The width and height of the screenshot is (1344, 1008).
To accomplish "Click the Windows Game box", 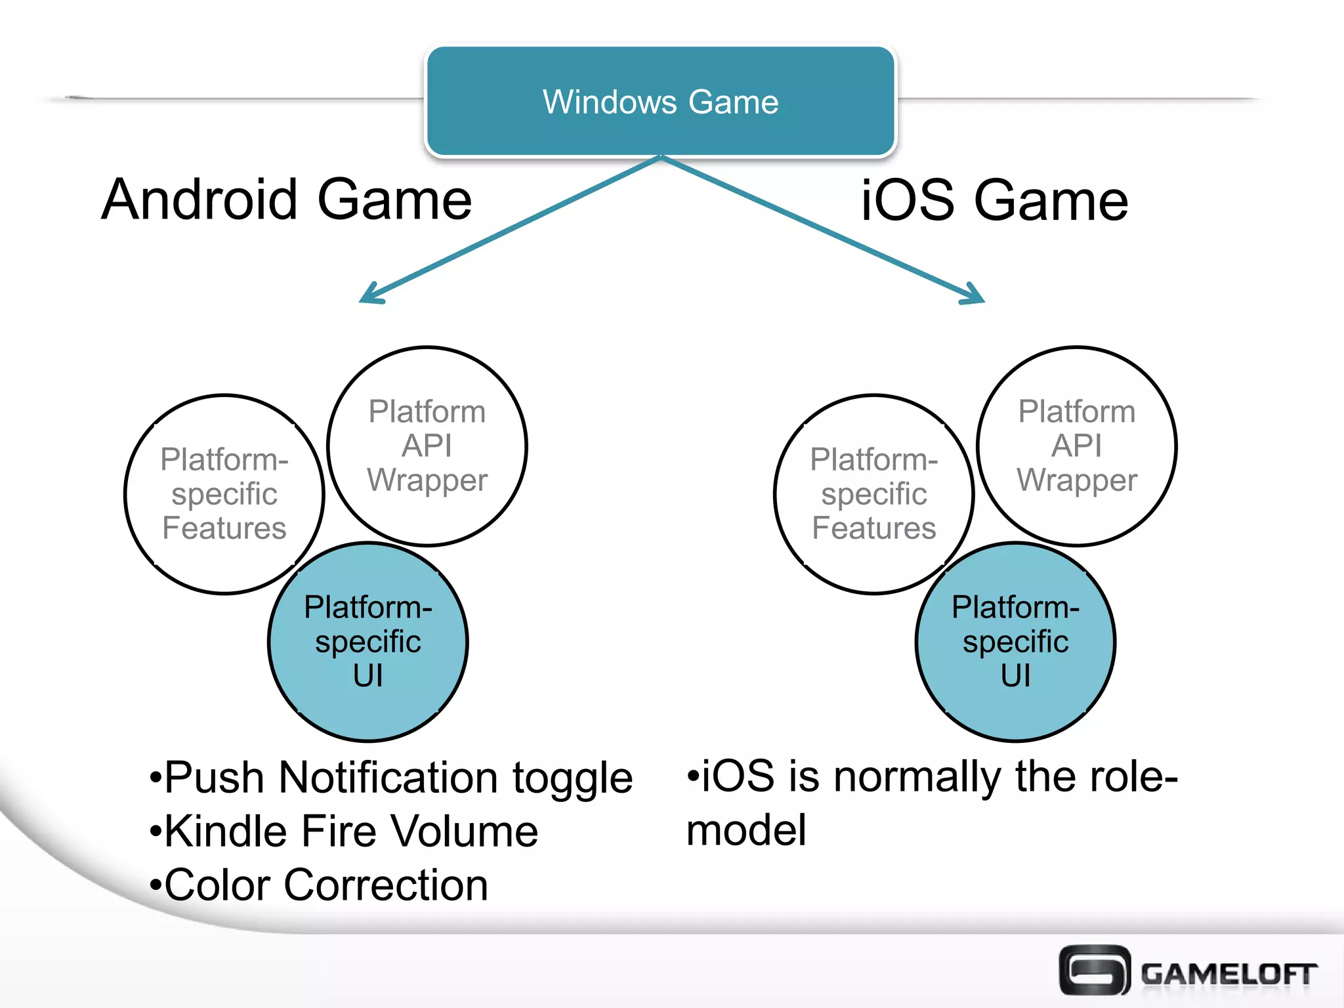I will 660,102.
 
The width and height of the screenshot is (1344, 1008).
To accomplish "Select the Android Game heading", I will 287,199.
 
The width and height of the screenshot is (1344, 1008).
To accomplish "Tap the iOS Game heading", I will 994,201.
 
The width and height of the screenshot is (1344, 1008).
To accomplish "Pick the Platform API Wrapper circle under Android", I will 427,446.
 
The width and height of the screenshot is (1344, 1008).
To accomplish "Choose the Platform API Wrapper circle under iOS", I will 1076,446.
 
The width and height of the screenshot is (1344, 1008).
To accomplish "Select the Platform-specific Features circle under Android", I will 224,494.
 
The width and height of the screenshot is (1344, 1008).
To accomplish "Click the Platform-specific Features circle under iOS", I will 873,494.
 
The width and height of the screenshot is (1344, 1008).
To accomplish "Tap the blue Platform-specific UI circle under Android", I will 368,642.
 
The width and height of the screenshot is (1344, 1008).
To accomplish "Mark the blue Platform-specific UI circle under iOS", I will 1015,642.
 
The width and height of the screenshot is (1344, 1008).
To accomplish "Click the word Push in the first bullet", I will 214,778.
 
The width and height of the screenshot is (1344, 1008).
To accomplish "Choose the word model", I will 746,831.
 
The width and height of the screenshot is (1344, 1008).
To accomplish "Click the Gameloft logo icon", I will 1094,971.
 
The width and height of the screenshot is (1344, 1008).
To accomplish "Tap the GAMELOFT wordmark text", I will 1228,974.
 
